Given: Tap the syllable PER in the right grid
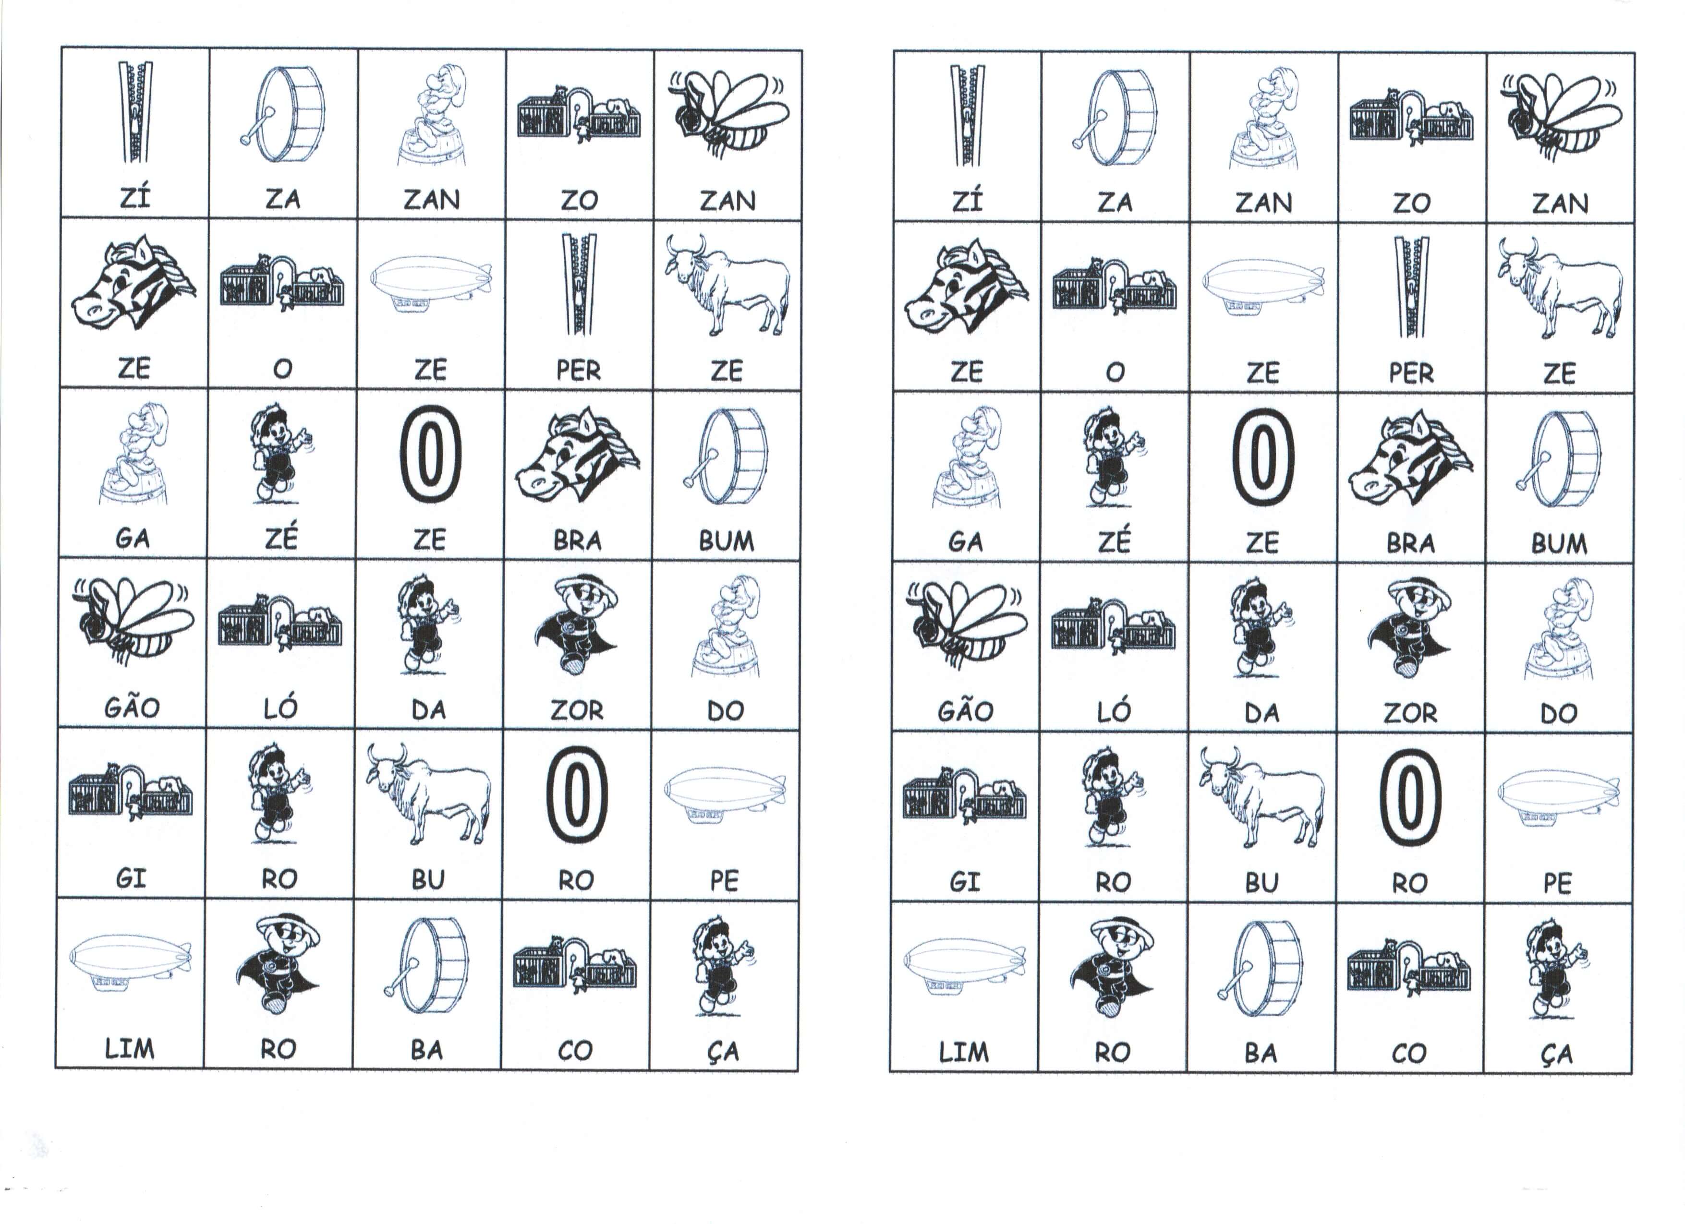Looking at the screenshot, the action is [x=1411, y=373].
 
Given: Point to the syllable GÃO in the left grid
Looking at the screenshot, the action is [x=132, y=707].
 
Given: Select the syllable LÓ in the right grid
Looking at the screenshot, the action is [x=1114, y=711].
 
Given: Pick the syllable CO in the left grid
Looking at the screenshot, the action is [x=575, y=1050].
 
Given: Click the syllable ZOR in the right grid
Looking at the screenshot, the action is [x=1410, y=713].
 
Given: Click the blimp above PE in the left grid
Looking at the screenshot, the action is [x=724, y=795].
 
